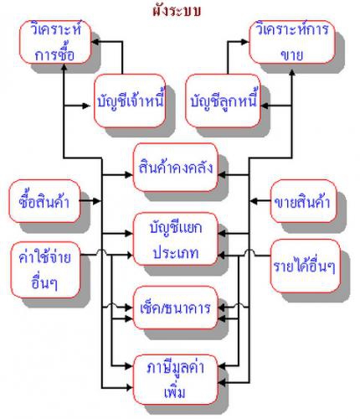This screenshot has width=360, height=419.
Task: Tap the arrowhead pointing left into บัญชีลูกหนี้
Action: coord(264,106)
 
